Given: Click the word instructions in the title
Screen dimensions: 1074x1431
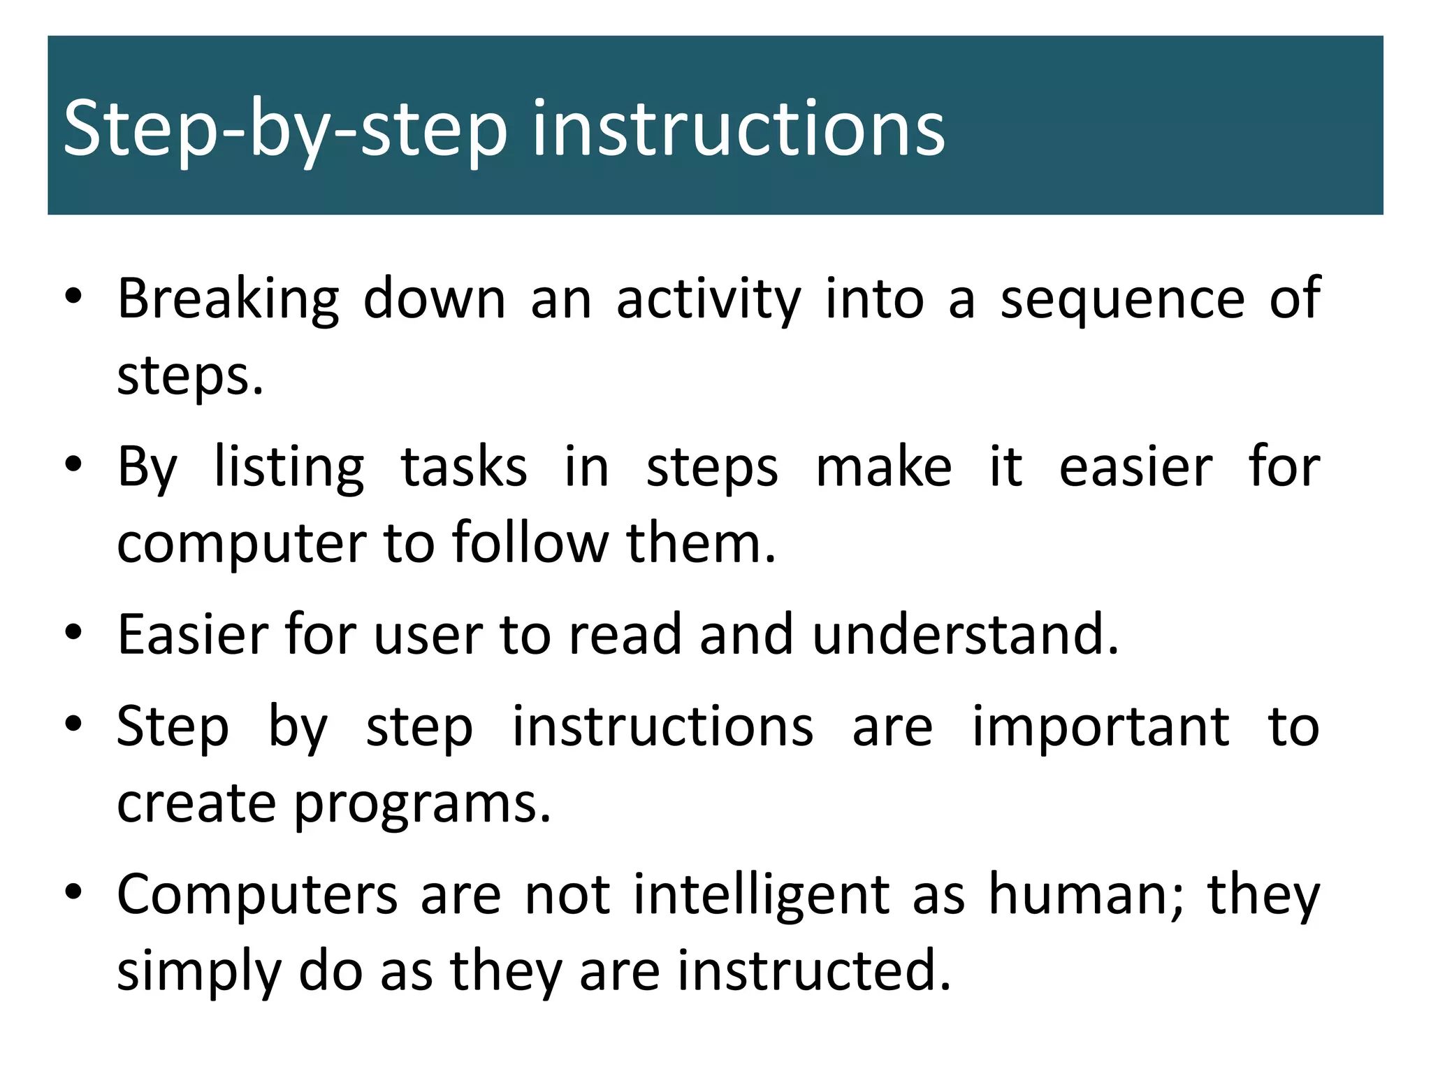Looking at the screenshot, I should pos(738,129).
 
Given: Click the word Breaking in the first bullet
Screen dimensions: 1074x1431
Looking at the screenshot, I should pos(228,299).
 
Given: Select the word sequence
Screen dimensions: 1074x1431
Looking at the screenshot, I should pos(1122,299).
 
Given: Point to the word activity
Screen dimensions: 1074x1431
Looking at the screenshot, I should pos(708,299).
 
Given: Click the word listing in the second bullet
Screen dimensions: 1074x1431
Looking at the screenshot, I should pos(289,468).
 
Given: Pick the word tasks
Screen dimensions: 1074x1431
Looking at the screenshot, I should pos(464,468).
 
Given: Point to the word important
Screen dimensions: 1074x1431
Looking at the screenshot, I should pos(1101,727).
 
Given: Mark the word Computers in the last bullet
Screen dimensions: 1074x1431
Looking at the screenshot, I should pos(256,896).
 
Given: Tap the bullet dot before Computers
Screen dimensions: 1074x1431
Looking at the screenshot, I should pos(73,892).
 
